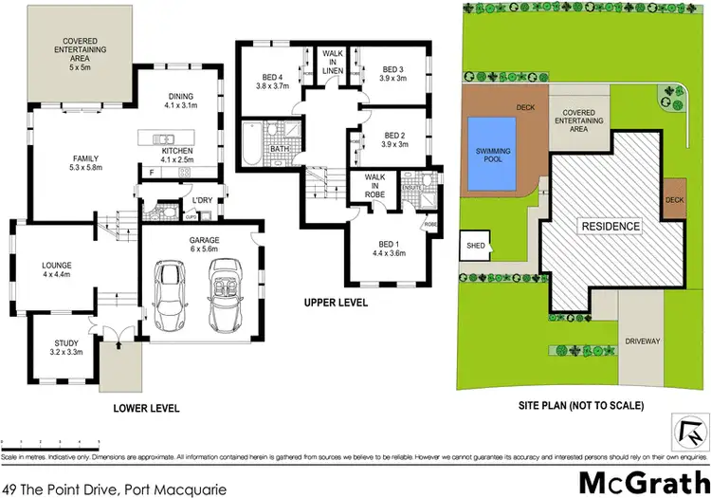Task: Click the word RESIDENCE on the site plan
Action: pyautogui.click(x=610, y=227)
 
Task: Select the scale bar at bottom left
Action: pyautogui.click(x=52, y=443)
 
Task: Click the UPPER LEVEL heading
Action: pyautogui.click(x=336, y=304)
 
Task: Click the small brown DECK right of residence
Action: pyautogui.click(x=674, y=200)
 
